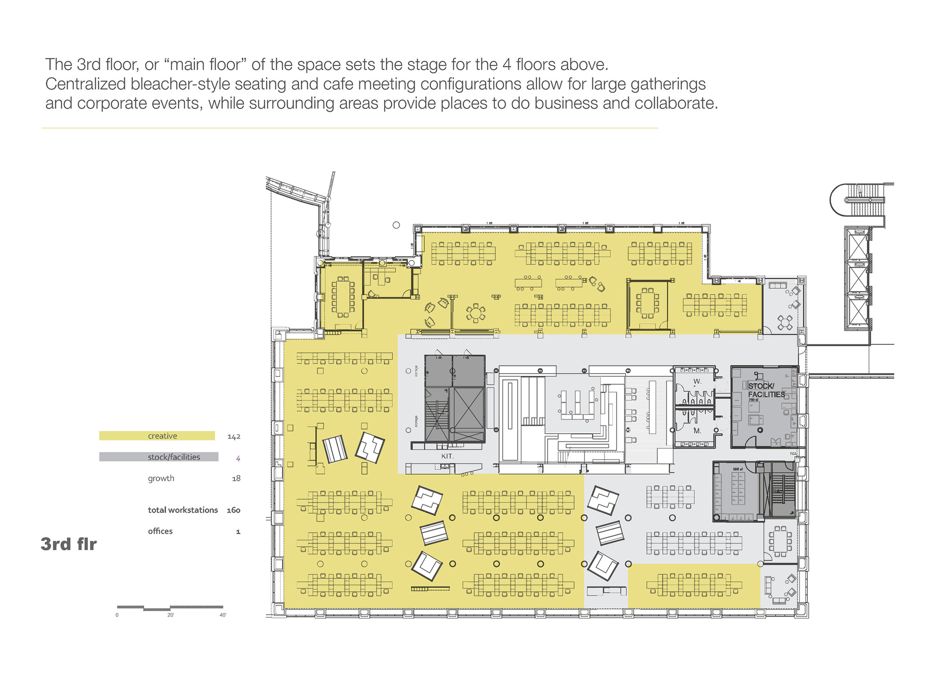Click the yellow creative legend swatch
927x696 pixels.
tap(157, 436)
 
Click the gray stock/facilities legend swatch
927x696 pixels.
tap(159, 457)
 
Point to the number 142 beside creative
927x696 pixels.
tap(234, 437)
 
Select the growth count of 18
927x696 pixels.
tap(236, 478)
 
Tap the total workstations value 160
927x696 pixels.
tap(233, 510)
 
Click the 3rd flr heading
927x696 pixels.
tap(69, 544)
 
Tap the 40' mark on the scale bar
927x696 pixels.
tap(222, 615)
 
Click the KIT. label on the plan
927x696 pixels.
tap(447, 457)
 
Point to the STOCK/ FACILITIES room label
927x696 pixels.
tap(766, 390)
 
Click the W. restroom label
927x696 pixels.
tap(697, 381)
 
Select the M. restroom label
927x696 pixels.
tap(697, 431)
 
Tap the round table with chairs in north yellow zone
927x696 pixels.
tap(476, 313)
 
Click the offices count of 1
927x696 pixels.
tap(238, 532)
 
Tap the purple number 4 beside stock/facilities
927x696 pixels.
tap(238, 458)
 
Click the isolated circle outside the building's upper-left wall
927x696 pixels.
tap(396, 225)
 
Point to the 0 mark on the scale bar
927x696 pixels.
tap(117, 615)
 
